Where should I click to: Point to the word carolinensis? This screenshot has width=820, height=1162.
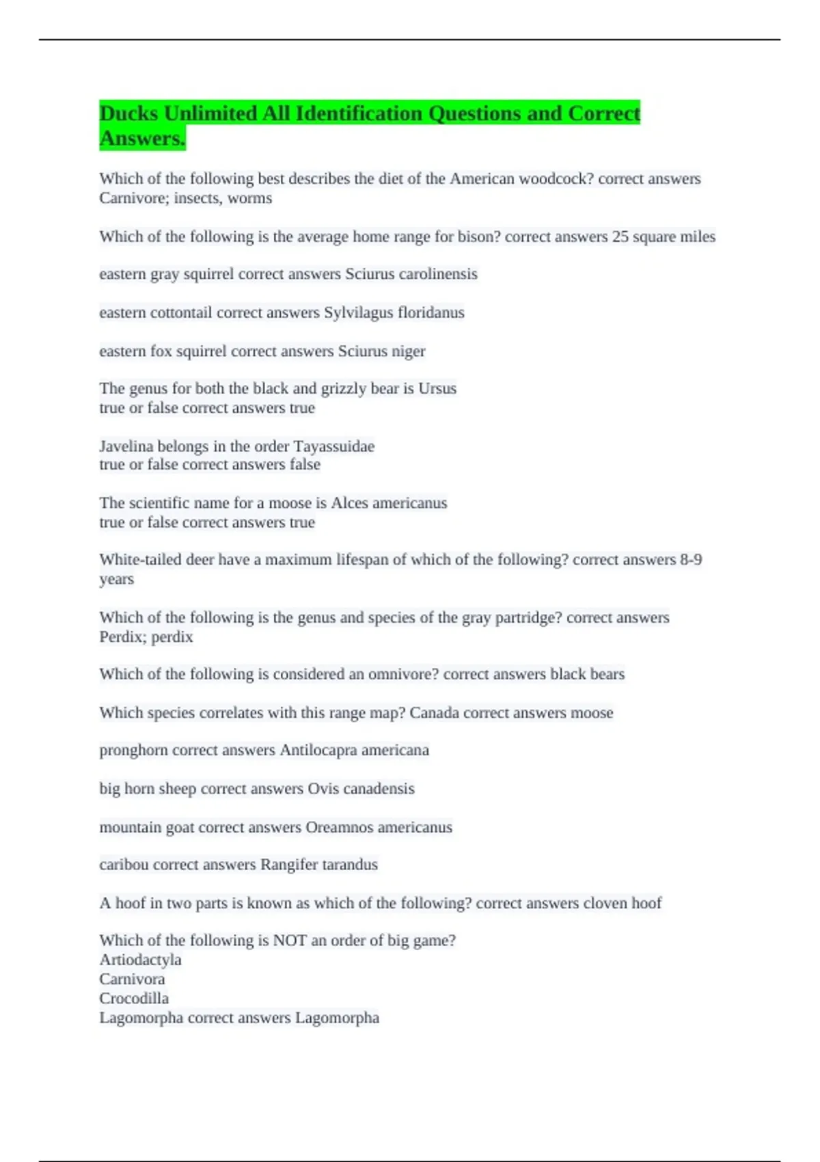coord(438,274)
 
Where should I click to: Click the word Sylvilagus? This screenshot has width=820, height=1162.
coord(358,313)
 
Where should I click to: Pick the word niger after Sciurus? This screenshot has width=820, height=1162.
coord(408,351)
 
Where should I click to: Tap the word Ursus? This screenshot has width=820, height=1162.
coord(437,389)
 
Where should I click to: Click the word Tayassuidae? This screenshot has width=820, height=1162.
coord(333,447)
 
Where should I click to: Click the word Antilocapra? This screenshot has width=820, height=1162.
coord(318,751)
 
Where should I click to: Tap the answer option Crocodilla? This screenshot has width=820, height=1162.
coord(134,999)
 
